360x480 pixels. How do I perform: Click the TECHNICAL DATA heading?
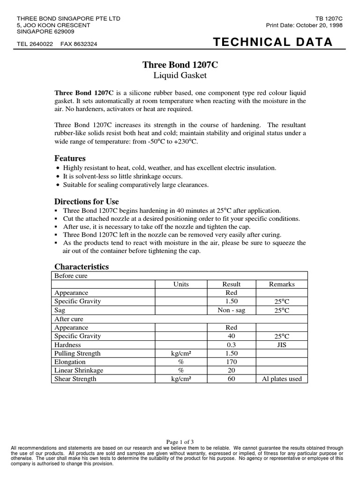273,43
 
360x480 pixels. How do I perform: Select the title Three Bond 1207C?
180,66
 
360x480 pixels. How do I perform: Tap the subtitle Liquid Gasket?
180,75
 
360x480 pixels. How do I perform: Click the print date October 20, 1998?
318,25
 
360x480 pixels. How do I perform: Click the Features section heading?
70,158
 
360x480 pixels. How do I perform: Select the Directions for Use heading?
87,202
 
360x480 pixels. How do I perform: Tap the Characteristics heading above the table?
82,267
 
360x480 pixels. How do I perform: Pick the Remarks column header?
282,284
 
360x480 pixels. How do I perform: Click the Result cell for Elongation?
231,362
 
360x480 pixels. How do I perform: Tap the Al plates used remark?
282,379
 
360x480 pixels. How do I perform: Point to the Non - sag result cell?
231,310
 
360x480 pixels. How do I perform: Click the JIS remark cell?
282,345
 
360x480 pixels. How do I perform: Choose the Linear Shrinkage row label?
79,370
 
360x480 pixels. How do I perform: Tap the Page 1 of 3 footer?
180,442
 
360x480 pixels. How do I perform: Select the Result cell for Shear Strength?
231,379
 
